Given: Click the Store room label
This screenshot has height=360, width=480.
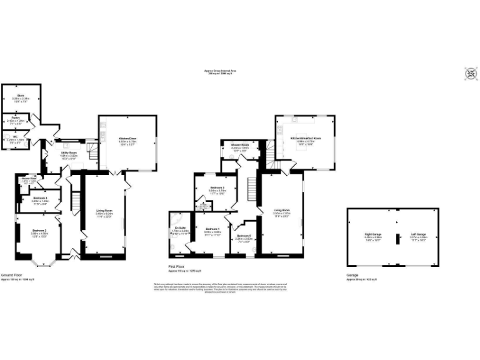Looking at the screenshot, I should coord(20,96).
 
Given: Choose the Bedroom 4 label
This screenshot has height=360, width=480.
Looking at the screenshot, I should coord(41,198).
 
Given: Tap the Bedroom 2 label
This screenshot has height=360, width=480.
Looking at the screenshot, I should coord(41,231).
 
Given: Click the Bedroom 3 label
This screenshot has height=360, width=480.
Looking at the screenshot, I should coord(217,188).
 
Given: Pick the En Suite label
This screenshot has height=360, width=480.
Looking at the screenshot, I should coord(179,228).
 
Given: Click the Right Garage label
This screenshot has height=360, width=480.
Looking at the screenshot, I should coord(374,234).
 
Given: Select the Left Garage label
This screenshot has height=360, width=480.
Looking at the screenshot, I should coord(418,234).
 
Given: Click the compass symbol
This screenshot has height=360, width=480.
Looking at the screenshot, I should coord(470,74).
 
